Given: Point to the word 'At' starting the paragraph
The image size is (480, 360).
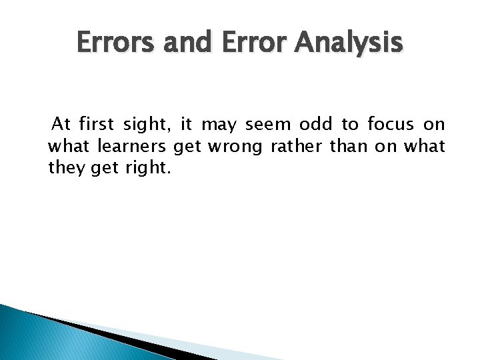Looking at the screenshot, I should tap(61, 124).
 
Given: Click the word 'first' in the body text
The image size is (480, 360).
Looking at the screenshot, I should tap(96, 124).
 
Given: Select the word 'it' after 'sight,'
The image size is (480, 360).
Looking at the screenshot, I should tap(187, 124).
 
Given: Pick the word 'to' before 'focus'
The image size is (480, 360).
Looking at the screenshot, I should tap(350, 124).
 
